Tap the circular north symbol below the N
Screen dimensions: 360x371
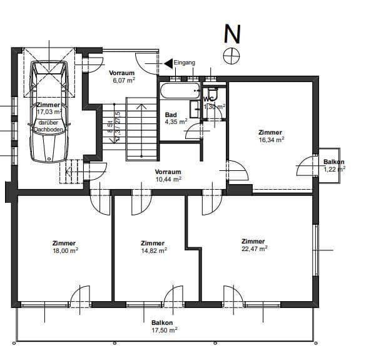pyautogui.click(x=232, y=55)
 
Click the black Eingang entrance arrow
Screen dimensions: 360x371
pyautogui.click(x=168, y=63)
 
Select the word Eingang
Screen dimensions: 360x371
pyautogui.click(x=185, y=63)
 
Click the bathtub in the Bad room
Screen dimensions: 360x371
pyautogui.click(x=178, y=91)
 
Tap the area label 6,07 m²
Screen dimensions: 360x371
pyautogui.click(x=123, y=80)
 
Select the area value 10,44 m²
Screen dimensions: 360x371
pyautogui.click(x=168, y=179)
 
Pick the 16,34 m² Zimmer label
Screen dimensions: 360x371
pyautogui.click(x=271, y=140)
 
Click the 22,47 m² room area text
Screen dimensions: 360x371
pyautogui.click(x=254, y=249)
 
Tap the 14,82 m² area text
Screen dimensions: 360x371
pyautogui.click(x=153, y=250)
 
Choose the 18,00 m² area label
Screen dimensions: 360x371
pyautogui.click(x=64, y=250)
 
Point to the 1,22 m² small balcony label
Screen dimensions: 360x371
pyautogui.click(x=334, y=169)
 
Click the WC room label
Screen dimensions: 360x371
pyautogui.click(x=210, y=99)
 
